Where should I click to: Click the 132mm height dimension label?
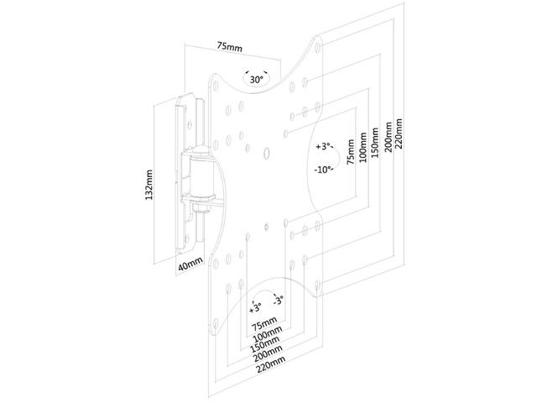[149, 183]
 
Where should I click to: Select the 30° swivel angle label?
[256, 78]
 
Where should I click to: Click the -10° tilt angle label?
[323, 169]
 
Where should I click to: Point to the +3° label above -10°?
[324, 146]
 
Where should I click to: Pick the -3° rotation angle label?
[278, 300]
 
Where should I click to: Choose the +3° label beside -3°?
[255, 304]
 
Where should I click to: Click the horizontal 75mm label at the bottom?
[263, 322]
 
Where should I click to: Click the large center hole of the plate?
[266, 153]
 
